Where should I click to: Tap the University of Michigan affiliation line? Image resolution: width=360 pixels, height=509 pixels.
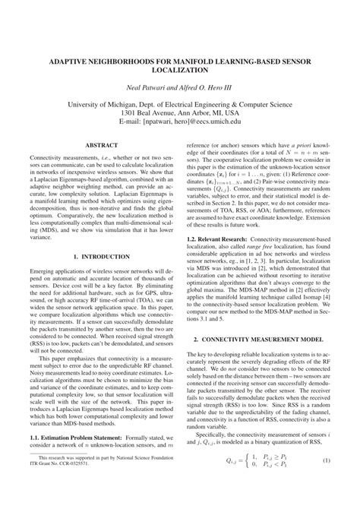click(x=180, y=109)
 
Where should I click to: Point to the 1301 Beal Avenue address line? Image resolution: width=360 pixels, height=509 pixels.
click(x=180, y=119)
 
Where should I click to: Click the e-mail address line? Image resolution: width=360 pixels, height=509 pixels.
click(x=180, y=130)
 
